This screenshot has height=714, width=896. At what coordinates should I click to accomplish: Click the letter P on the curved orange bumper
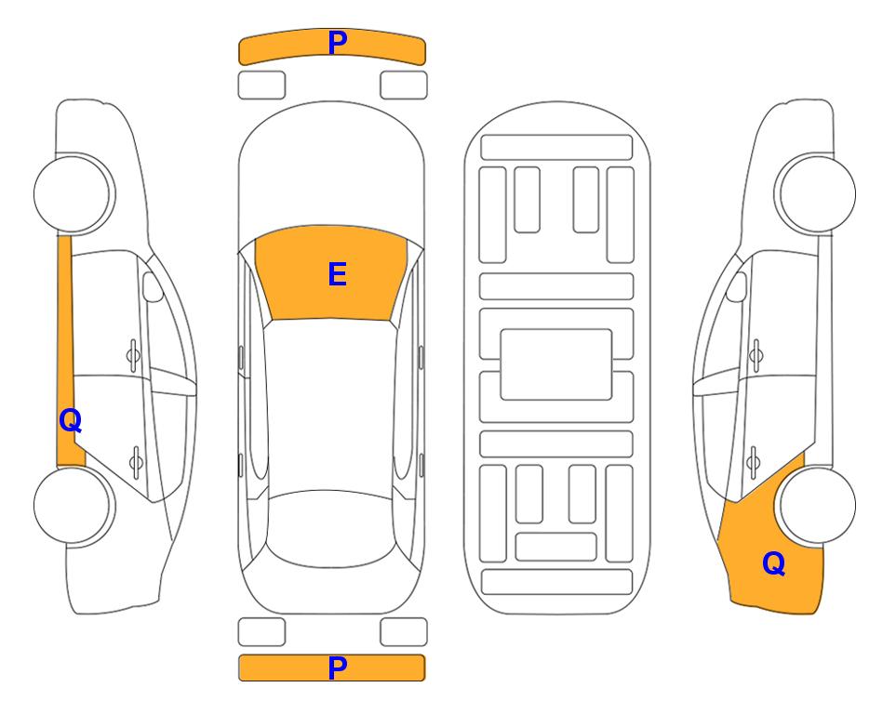(337, 43)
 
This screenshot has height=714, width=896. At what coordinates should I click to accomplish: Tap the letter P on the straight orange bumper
(337, 668)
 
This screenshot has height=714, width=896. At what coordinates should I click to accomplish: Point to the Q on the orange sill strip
(71, 421)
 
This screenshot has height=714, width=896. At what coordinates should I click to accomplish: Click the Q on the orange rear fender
(774, 563)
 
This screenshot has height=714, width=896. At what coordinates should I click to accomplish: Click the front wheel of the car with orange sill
(74, 193)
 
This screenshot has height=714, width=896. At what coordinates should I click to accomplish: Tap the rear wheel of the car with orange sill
(74, 505)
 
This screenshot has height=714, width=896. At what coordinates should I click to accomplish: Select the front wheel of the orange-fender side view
(815, 193)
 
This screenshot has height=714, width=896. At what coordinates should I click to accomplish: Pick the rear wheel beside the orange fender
(815, 505)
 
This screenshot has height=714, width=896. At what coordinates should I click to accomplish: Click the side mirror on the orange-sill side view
(153, 286)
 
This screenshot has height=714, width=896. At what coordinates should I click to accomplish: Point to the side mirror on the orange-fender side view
(737, 286)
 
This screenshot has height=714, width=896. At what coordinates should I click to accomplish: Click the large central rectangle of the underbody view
(556, 364)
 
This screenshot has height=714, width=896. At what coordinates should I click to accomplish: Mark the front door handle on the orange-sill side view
(133, 356)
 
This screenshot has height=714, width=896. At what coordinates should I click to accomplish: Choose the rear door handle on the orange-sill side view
(136, 461)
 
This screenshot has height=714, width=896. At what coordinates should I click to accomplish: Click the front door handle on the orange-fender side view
(756, 356)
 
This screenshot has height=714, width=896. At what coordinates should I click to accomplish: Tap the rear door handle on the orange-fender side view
(753, 461)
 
